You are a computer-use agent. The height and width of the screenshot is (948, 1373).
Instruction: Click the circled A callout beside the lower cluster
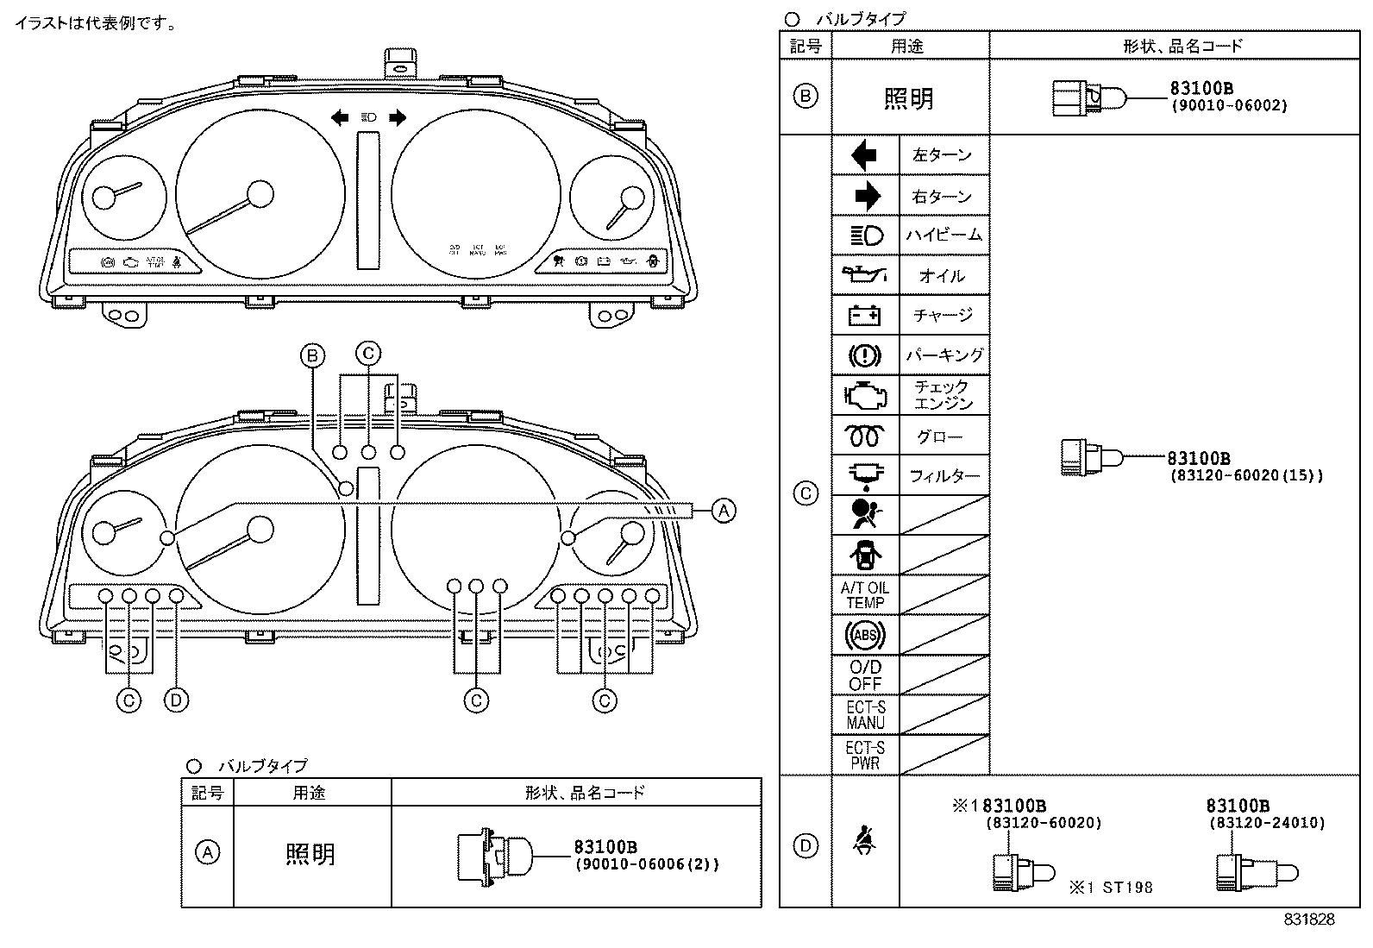723,511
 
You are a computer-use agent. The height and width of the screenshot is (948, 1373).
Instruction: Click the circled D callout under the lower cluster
176,700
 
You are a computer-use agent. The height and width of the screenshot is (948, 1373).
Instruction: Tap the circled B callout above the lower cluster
313,355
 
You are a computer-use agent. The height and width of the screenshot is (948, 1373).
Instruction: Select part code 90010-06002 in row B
1228,105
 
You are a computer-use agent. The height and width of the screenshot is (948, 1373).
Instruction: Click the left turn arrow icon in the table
864,155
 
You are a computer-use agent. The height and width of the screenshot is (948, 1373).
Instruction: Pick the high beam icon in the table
866,235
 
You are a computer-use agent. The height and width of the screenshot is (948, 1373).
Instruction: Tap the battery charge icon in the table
865,316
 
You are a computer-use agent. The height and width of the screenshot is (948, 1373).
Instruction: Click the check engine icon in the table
865,395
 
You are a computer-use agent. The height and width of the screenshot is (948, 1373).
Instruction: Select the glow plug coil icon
865,436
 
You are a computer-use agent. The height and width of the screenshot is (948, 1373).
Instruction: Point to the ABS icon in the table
865,636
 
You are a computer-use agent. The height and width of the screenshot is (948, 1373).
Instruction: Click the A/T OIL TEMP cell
865,595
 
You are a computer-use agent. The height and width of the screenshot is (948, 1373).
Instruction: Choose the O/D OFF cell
865,675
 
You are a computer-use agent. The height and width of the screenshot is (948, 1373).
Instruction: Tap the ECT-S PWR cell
865,755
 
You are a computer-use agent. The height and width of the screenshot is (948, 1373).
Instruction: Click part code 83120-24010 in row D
1266,823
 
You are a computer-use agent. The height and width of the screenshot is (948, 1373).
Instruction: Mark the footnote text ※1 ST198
1111,887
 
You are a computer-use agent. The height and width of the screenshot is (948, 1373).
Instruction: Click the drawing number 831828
1308,920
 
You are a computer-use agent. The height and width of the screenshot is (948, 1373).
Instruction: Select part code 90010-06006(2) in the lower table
647,864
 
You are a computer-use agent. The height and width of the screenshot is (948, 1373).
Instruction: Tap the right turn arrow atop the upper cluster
397,117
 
